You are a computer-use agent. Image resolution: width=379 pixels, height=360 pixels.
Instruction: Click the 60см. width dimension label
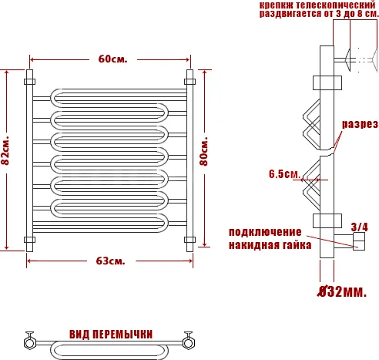click(x=112, y=59)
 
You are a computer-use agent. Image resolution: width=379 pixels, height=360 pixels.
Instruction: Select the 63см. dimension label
click(x=111, y=261)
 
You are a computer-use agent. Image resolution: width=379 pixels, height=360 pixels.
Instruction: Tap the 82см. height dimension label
click(x=5, y=150)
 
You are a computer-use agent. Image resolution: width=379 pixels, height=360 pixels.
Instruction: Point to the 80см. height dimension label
click(x=204, y=152)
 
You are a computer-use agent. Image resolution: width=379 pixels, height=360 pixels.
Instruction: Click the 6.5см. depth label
click(x=284, y=174)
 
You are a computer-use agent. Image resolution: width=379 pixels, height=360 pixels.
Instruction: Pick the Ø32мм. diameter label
click(x=342, y=291)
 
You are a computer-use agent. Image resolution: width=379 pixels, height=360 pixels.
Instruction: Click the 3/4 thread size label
click(x=360, y=227)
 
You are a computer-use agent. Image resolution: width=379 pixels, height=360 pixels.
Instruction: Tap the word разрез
click(x=360, y=124)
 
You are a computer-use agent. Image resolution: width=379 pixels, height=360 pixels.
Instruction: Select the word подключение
click(x=265, y=232)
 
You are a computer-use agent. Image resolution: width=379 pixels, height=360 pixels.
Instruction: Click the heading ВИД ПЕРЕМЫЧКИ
click(x=111, y=335)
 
